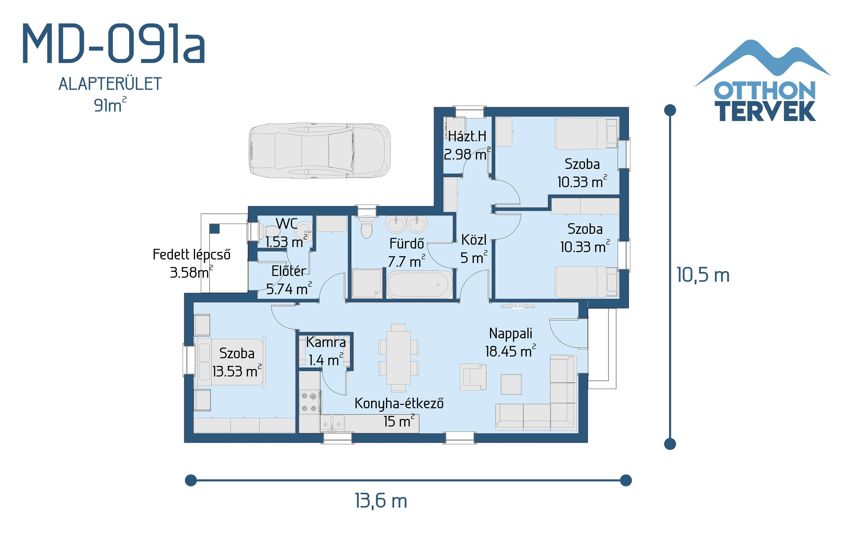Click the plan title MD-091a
click(x=113, y=44)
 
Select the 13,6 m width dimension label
click(x=381, y=501)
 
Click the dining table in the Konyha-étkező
click(x=398, y=357)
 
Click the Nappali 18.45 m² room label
click(x=510, y=342)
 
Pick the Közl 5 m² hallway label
click(x=474, y=249)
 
